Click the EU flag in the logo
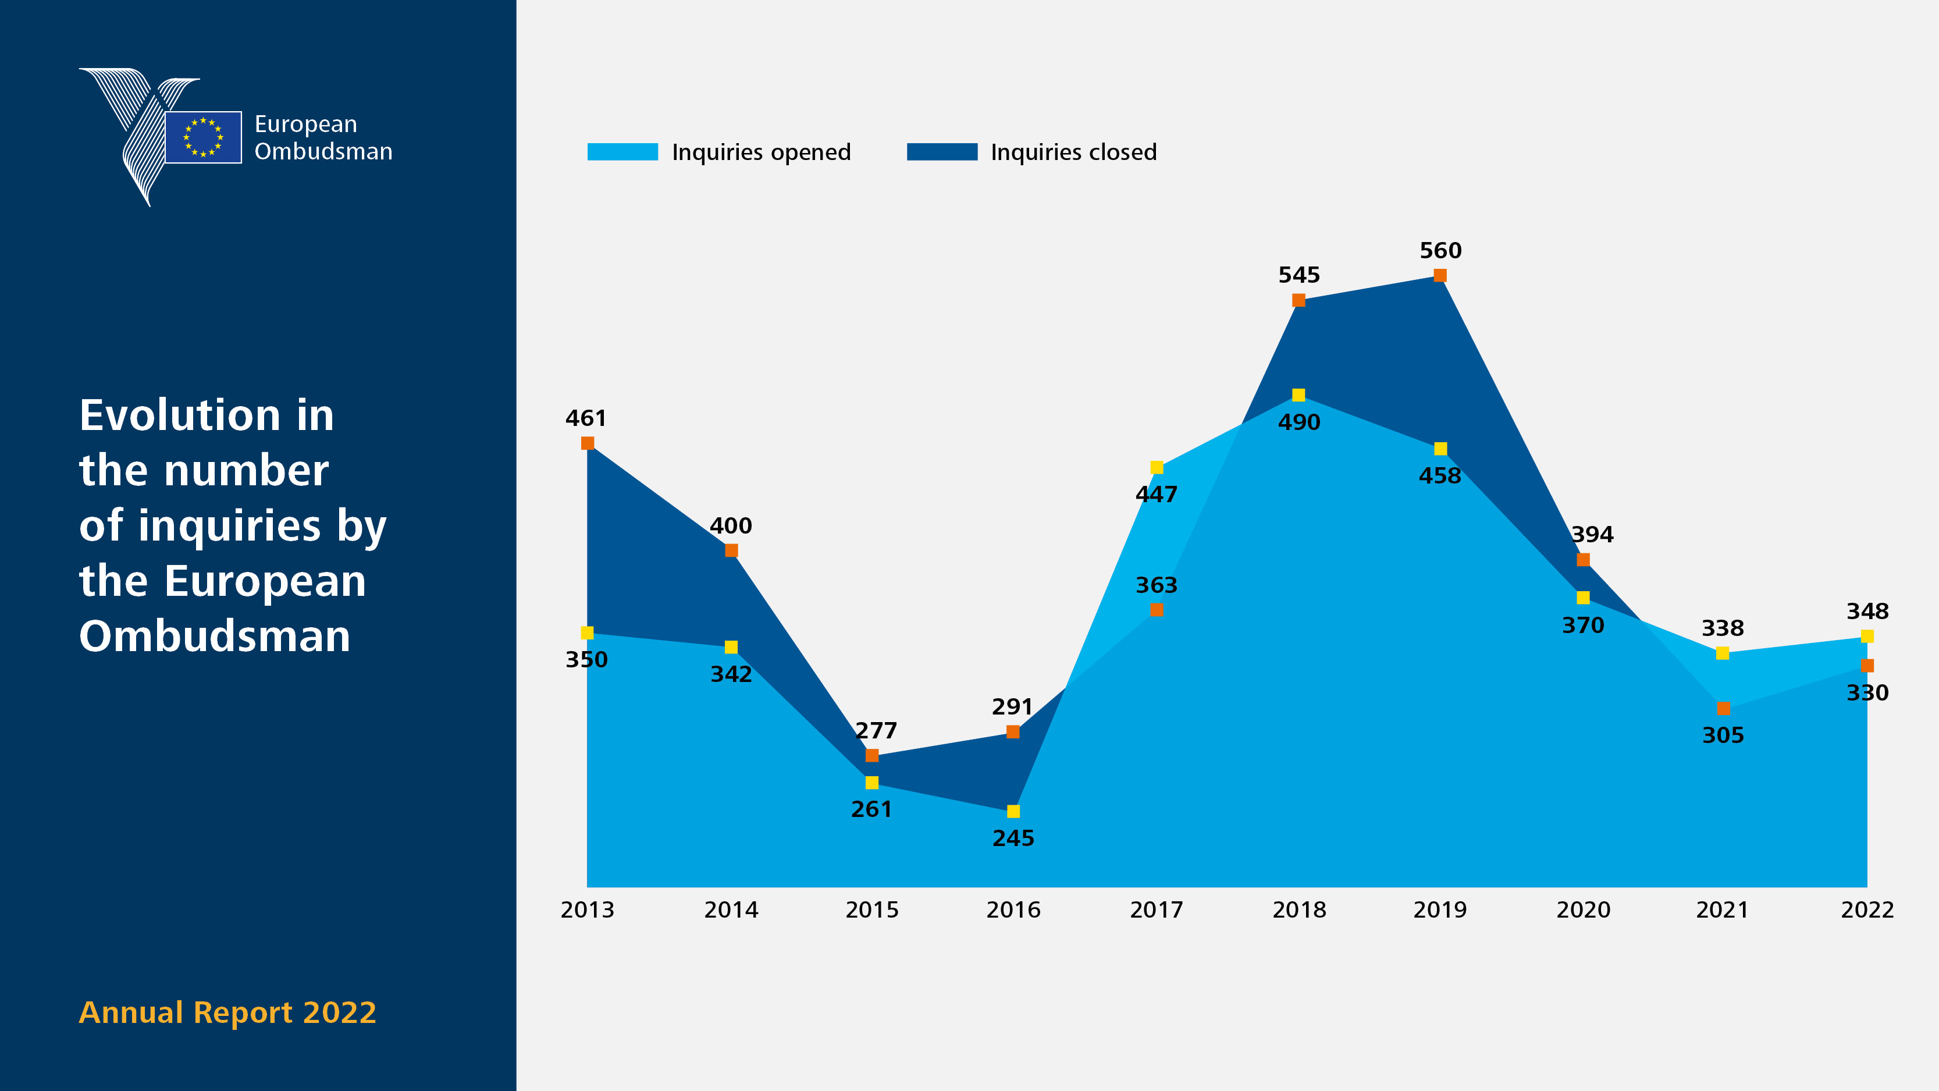tap(203, 137)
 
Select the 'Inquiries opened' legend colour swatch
tap(622, 152)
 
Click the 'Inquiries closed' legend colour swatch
tap(942, 152)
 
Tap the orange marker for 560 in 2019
tap(1440, 276)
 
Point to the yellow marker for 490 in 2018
tap(1298, 395)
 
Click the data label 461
tap(586, 418)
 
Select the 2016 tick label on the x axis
tap(1013, 910)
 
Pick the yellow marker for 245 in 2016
tap(1013, 811)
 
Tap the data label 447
tap(1156, 495)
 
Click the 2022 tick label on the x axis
tap(1867, 910)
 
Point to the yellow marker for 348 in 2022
tap(1867, 636)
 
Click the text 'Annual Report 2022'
tap(227, 1012)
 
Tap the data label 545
tap(1299, 275)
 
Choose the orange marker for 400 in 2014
tap(731, 550)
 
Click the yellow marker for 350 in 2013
tap(587, 632)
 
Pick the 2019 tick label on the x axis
tap(1440, 910)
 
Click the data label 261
tap(871, 809)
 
